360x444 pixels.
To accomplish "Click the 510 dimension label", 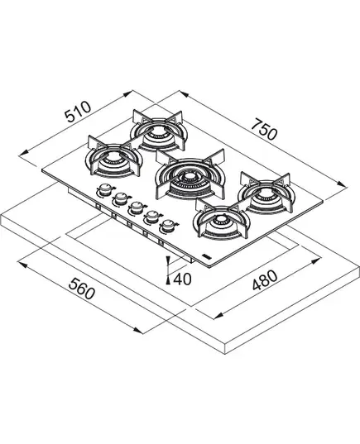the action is tap(78, 112).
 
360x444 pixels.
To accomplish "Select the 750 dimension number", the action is tap(264, 130).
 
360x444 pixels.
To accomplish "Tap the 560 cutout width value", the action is tap(82, 289).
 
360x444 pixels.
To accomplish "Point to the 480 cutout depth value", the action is tap(265, 280).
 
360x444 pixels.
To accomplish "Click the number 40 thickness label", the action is tap(182, 279).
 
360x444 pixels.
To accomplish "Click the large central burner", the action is tap(190, 174).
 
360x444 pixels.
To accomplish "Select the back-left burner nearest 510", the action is tap(158, 131).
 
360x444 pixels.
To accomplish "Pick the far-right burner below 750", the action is tap(266, 193).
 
